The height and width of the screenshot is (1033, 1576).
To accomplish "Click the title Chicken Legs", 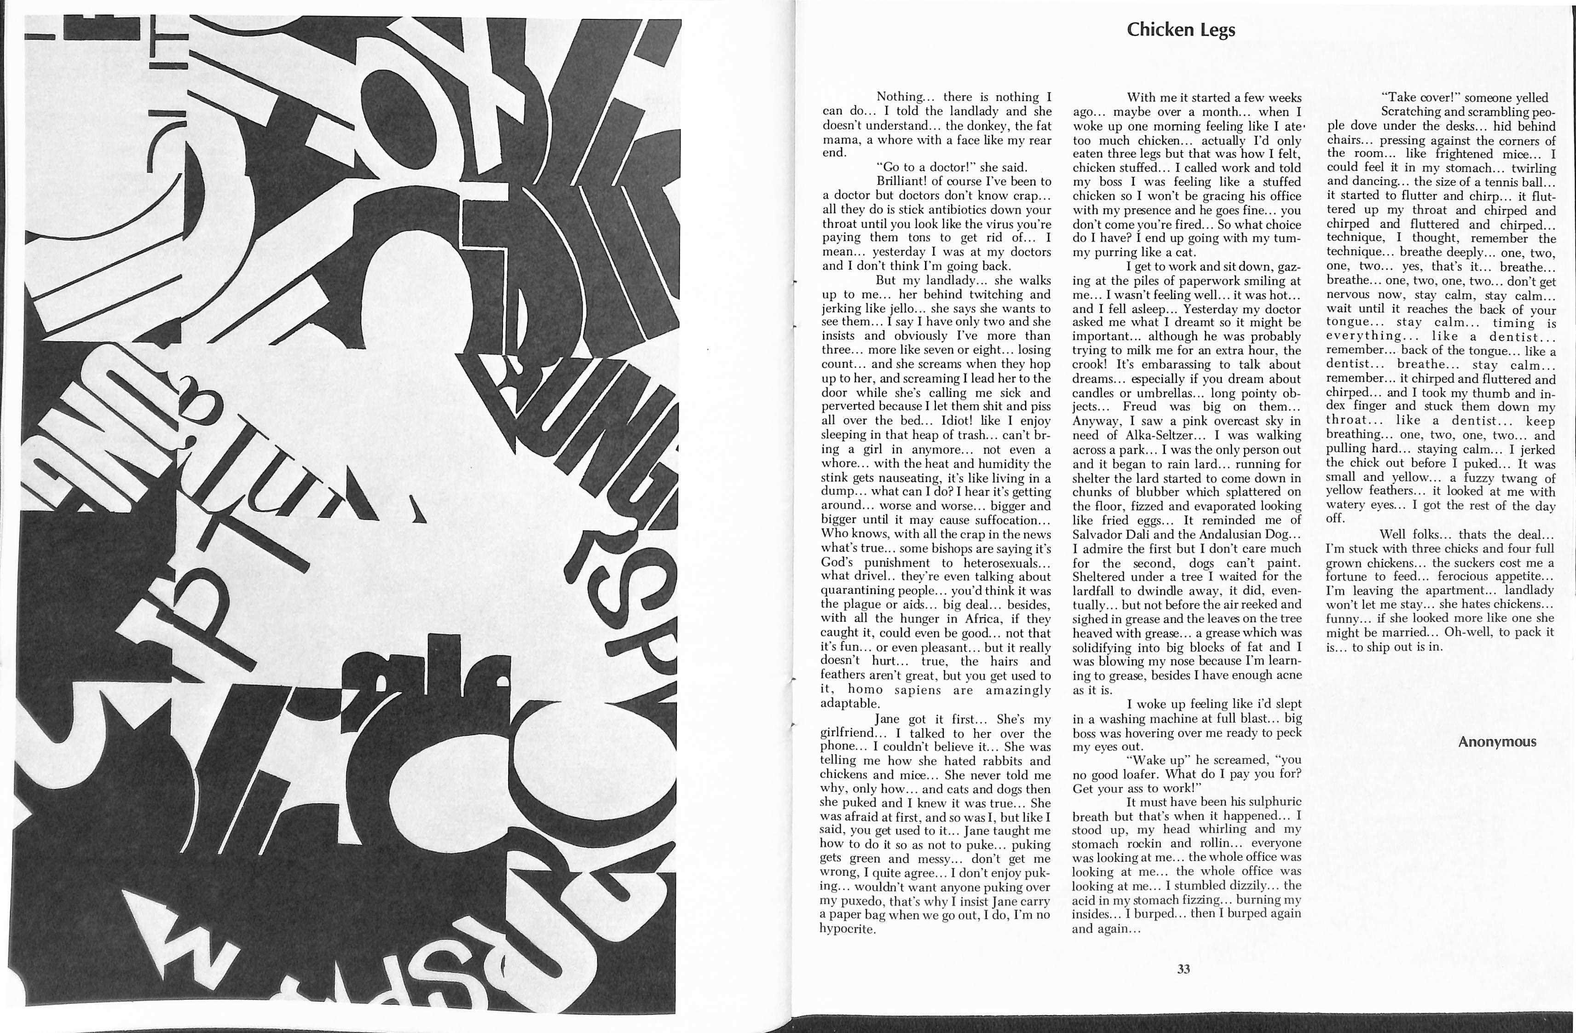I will (x=1181, y=30).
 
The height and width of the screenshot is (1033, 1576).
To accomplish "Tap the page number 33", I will (x=1183, y=969).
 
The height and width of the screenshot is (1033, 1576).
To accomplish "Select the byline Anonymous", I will (x=1496, y=742).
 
